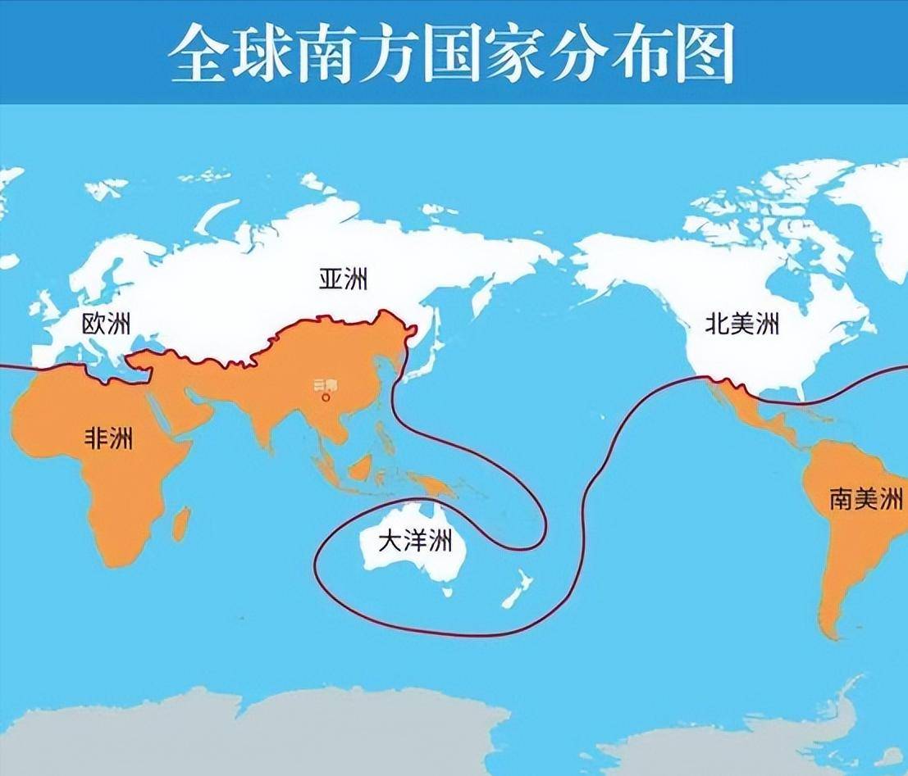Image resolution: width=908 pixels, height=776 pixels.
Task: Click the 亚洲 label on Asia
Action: pos(344,279)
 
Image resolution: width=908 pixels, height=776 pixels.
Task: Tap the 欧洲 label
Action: pos(106,324)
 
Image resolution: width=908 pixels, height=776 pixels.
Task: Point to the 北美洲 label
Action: pos(742,324)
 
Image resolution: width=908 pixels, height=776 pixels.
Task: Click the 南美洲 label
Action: pos(866,499)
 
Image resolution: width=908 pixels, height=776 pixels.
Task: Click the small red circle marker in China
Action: pos(326,397)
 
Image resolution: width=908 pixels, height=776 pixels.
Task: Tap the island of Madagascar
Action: pos(181,523)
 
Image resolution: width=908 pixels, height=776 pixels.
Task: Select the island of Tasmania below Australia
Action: pos(447,590)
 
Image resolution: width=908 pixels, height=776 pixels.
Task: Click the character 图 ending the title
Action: pos(705,54)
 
